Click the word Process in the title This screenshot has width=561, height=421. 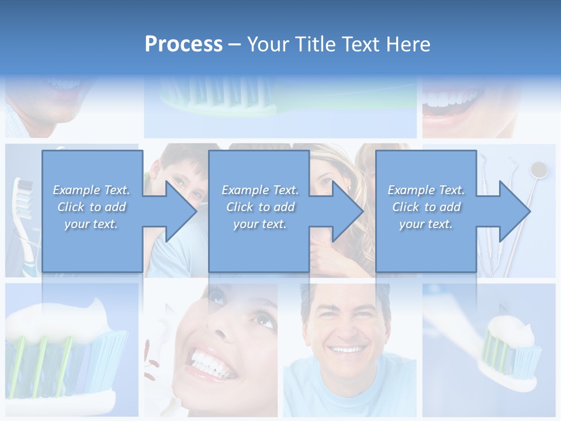(x=183, y=44)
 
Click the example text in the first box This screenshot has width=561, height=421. (x=92, y=207)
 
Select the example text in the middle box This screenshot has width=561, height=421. (x=260, y=207)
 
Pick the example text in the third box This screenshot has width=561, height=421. (x=426, y=207)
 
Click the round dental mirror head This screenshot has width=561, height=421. (x=538, y=170)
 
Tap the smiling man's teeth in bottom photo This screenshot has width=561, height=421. (x=347, y=350)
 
